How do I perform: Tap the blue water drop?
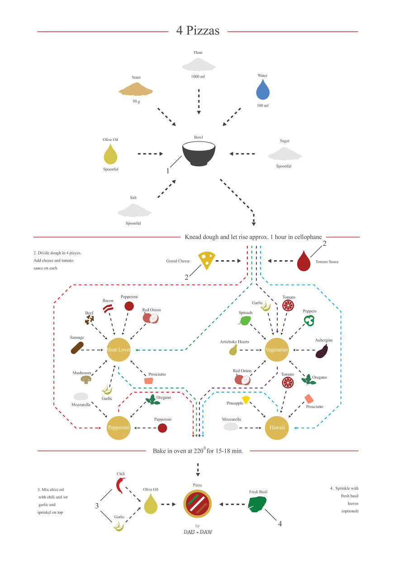(x=263, y=90)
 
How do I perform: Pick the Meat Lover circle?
(x=118, y=350)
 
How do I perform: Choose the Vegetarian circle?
(x=276, y=350)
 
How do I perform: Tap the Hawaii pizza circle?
(x=276, y=427)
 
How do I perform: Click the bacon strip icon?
(x=108, y=309)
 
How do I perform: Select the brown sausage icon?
(x=77, y=348)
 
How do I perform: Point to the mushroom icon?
(x=86, y=380)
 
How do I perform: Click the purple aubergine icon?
(x=322, y=351)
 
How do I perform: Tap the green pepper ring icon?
(x=309, y=320)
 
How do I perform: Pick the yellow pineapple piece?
(x=246, y=399)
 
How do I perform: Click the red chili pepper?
(x=120, y=485)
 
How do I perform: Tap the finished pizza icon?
(x=198, y=504)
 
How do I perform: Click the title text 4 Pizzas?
(x=198, y=31)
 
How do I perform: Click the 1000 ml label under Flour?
(x=198, y=76)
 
